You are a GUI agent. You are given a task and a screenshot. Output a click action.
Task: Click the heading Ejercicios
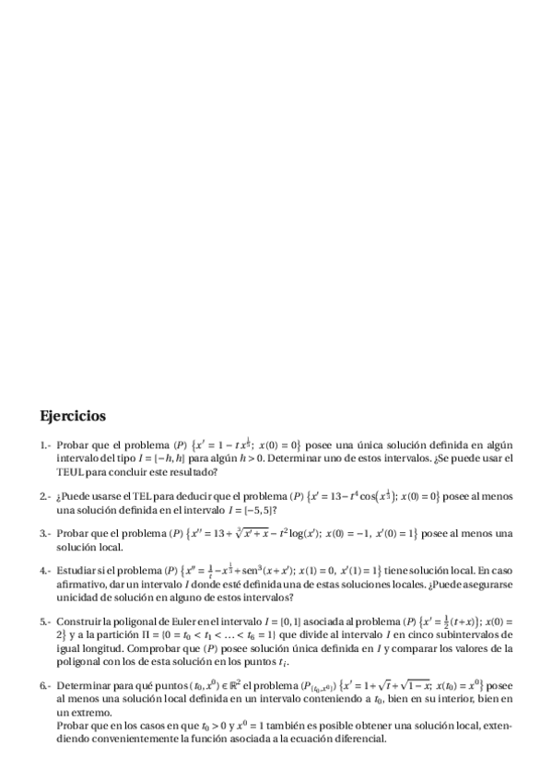(73, 416)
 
